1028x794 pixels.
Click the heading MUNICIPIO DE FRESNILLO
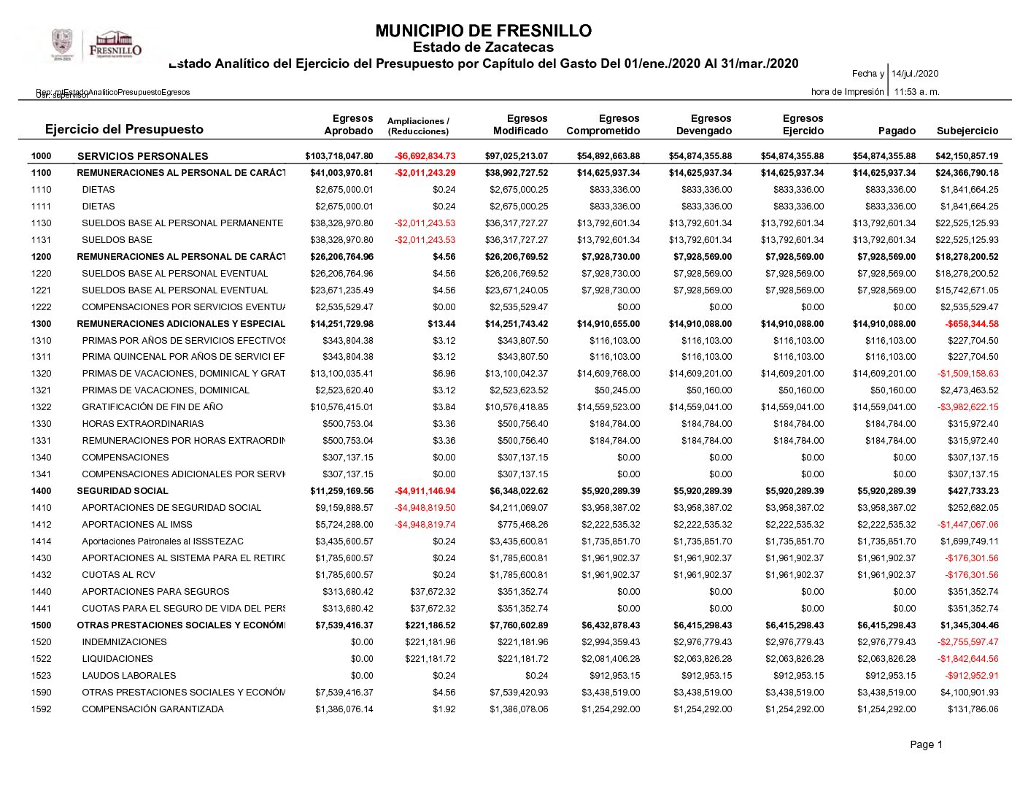pos(483,31)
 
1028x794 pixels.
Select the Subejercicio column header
pos(967,131)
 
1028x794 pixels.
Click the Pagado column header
pos(897,131)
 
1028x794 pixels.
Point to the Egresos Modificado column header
pos(520,125)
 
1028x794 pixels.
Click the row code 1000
pos(42,156)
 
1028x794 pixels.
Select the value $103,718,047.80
pos(339,156)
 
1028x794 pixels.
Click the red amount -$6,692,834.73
pos(425,156)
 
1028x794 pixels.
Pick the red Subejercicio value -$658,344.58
pos(971,324)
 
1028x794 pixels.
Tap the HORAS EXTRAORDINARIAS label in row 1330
pos(143,424)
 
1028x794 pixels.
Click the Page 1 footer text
pos(926,744)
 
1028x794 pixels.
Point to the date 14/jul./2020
pos(915,74)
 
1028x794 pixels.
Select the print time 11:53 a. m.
pos(916,92)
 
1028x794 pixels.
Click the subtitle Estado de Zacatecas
pos(483,47)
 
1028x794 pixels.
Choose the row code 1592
pos(42,709)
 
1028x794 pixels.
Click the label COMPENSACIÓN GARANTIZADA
pos(152,709)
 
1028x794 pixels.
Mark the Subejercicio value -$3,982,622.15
pos(967,407)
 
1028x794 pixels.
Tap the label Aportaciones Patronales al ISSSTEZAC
pos(163,541)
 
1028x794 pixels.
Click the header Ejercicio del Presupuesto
pos(124,129)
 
